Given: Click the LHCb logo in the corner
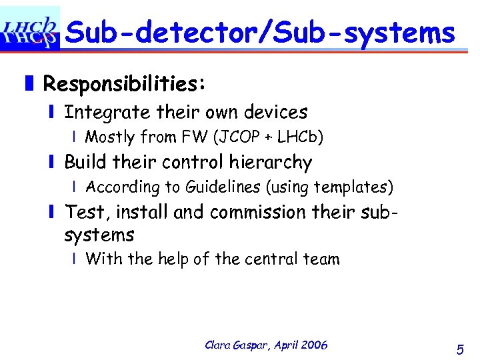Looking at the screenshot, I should [30, 28].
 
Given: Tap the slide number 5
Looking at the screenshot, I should [460, 349].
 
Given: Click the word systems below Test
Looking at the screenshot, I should [99, 235].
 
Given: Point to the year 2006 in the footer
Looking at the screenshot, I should [314, 345].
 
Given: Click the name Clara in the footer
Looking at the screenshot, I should [219, 345].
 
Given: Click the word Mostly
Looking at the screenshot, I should [110, 137].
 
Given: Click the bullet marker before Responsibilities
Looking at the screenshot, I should [29, 85].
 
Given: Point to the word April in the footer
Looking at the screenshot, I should [283, 345].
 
